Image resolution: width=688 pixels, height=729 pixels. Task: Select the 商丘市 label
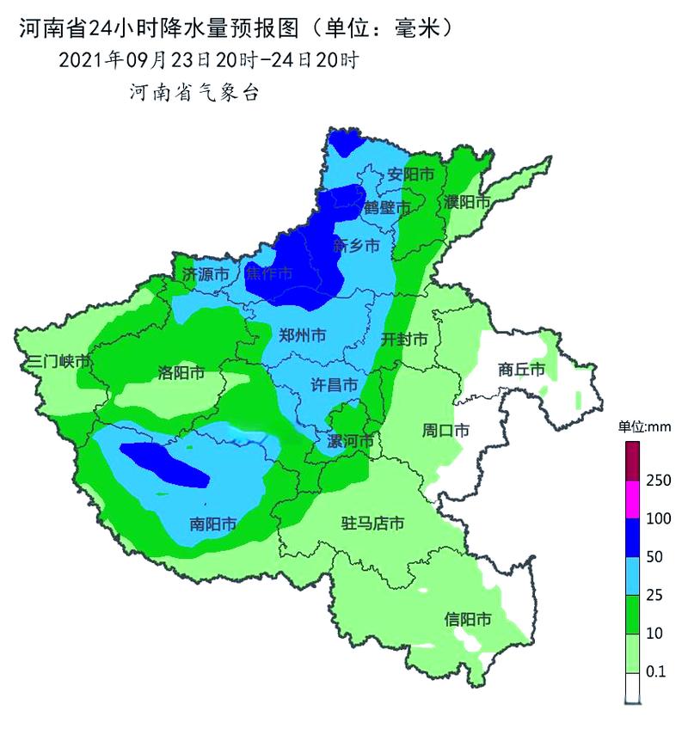[x=521, y=370]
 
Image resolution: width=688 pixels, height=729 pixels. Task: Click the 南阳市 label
[x=213, y=524]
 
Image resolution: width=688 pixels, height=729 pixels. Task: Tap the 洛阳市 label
[x=181, y=372]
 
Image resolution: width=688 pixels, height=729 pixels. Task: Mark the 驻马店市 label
[x=372, y=523]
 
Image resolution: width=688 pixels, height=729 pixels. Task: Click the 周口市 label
[x=445, y=430]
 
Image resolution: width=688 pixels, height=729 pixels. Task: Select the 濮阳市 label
[x=467, y=202]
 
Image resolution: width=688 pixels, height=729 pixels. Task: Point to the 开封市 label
[x=404, y=339]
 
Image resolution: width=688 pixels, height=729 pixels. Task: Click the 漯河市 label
[x=351, y=441]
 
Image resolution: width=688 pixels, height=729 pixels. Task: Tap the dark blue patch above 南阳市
[x=165, y=463]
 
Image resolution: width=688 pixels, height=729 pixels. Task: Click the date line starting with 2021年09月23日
[x=207, y=60]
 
